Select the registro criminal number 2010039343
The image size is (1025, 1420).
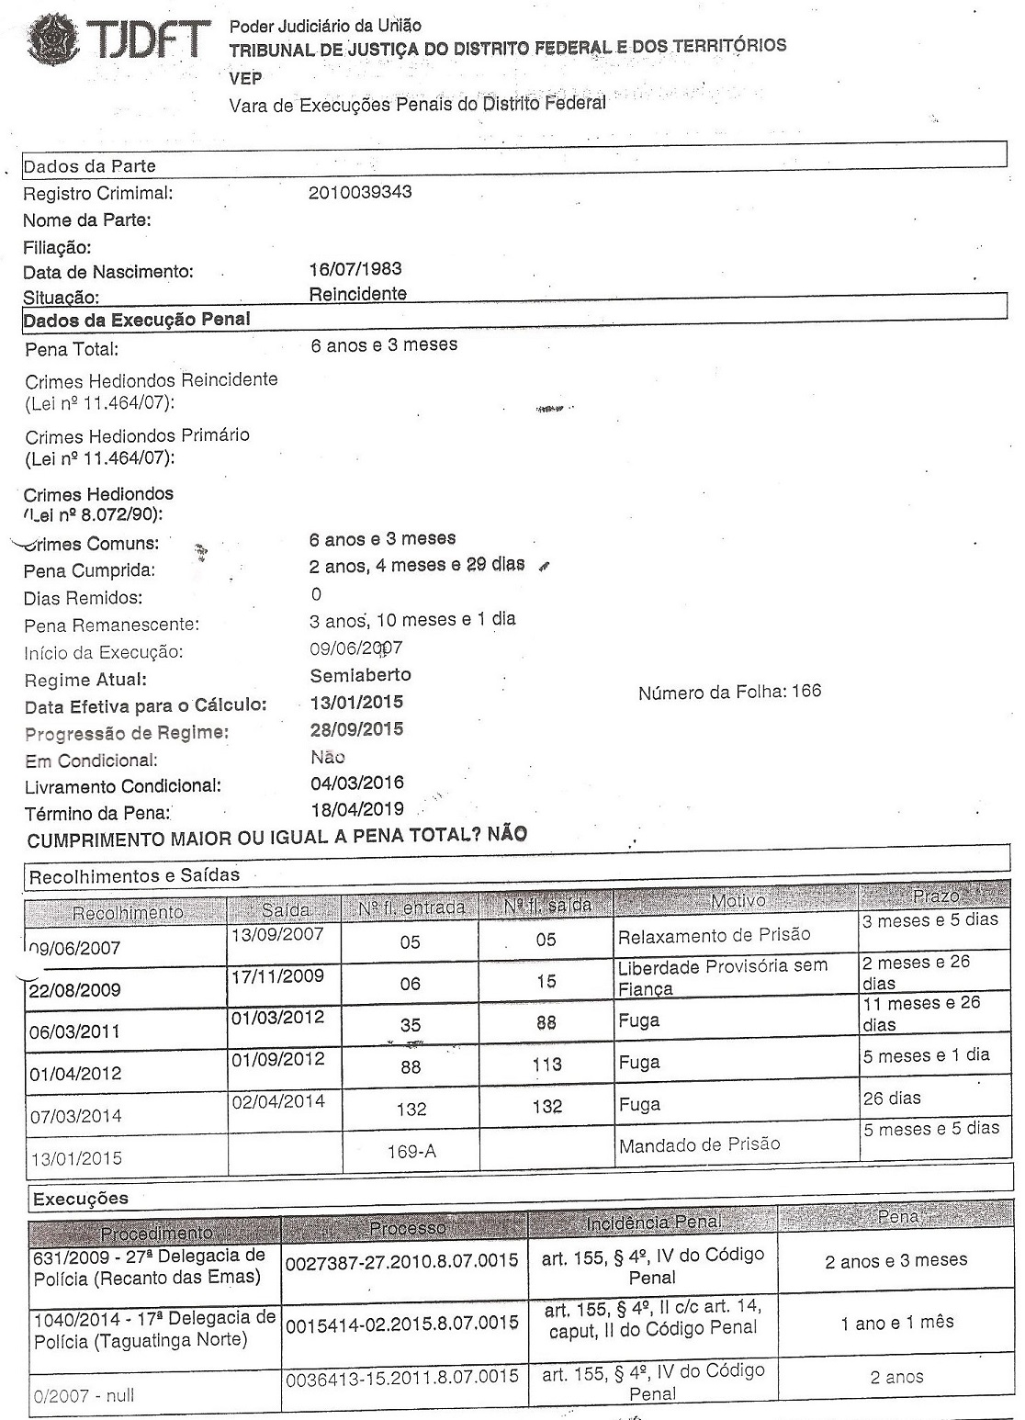[360, 192]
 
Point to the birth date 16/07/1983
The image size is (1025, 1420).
[355, 270]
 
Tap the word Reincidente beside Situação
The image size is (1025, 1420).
[358, 294]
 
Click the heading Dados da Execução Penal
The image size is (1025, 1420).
[137, 321]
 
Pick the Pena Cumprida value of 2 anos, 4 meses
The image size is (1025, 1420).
[417, 566]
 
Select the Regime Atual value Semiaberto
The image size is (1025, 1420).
[360, 675]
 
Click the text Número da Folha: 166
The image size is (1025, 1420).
[729, 692]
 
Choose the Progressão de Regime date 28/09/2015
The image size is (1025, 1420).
[357, 729]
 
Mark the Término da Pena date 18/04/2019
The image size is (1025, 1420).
[357, 810]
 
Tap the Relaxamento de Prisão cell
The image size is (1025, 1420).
[715, 935]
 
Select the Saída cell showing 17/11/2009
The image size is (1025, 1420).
[277, 975]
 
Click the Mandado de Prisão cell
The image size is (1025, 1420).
[699, 1144]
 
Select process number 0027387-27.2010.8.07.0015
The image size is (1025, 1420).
[401, 1262]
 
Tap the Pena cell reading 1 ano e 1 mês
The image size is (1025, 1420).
[896, 1323]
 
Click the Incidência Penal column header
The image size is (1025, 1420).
[653, 1223]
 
